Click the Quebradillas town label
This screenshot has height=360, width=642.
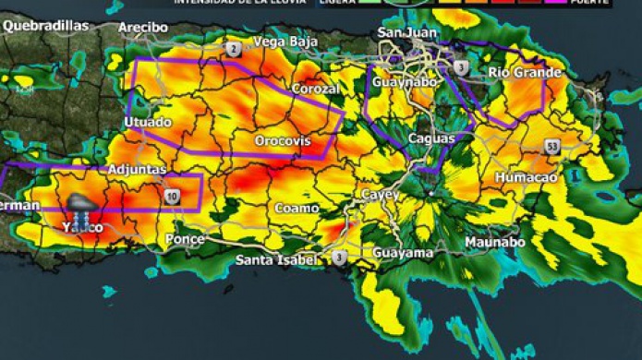tap(45, 26)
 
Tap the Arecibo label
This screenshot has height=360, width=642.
tap(143, 28)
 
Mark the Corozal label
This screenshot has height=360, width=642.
tap(316, 90)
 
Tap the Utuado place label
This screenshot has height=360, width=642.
tap(147, 123)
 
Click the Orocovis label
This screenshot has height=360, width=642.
tap(283, 141)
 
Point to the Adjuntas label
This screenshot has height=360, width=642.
tap(137, 170)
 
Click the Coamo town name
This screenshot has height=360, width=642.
tap(297, 209)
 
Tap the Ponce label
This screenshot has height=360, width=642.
tap(185, 239)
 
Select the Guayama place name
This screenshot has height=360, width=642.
tap(404, 252)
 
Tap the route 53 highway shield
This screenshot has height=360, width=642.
tap(551, 146)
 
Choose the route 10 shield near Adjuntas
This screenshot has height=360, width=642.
tap(173, 196)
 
